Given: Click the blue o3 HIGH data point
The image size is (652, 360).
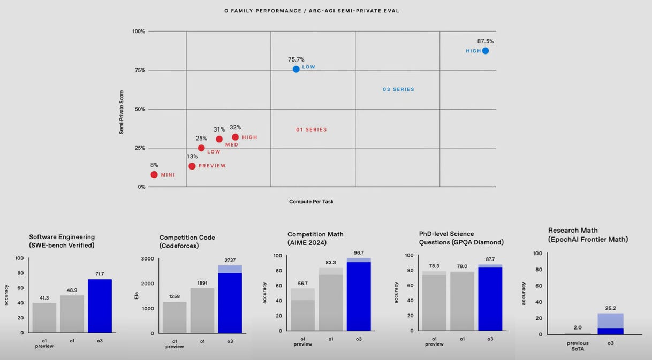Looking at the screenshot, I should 485,51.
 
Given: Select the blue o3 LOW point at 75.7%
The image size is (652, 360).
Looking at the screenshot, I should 296,69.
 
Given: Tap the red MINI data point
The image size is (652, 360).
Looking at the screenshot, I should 154,174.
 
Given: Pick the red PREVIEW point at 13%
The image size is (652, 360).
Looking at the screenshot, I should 192,166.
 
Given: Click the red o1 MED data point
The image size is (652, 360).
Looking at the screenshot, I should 219,139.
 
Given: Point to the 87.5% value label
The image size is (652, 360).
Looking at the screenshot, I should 485,41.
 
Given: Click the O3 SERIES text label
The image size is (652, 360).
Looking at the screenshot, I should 398,89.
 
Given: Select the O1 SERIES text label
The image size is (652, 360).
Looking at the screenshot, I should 311,129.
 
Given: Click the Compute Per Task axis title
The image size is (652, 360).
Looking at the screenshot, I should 311,202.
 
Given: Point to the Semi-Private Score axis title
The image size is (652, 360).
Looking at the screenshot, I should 122,112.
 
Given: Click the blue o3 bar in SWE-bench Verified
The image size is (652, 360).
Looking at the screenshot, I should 100,305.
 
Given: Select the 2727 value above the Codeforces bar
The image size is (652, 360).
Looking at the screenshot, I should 230,260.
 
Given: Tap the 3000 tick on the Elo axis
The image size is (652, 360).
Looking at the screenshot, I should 147,258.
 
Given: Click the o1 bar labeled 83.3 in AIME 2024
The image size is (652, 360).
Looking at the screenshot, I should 331,300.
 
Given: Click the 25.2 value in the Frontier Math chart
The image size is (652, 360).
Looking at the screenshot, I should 610,309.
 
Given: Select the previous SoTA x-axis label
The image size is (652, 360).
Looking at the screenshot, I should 578,346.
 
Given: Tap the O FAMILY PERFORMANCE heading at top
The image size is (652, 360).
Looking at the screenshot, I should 312,11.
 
